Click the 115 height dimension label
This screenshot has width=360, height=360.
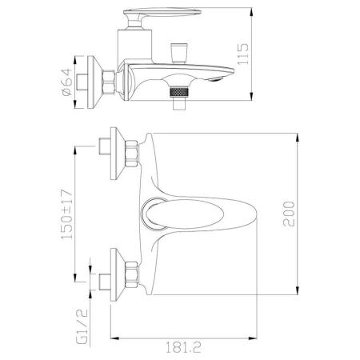coord(243,54)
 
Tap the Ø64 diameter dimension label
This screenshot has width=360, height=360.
coord(66,82)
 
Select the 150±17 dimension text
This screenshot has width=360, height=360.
coord(66,214)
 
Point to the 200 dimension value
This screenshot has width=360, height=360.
coord(289,214)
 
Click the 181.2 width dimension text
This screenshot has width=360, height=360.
coord(183,347)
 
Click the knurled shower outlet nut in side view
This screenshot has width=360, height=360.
coord(179,92)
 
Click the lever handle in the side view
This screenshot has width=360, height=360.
coord(162,17)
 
